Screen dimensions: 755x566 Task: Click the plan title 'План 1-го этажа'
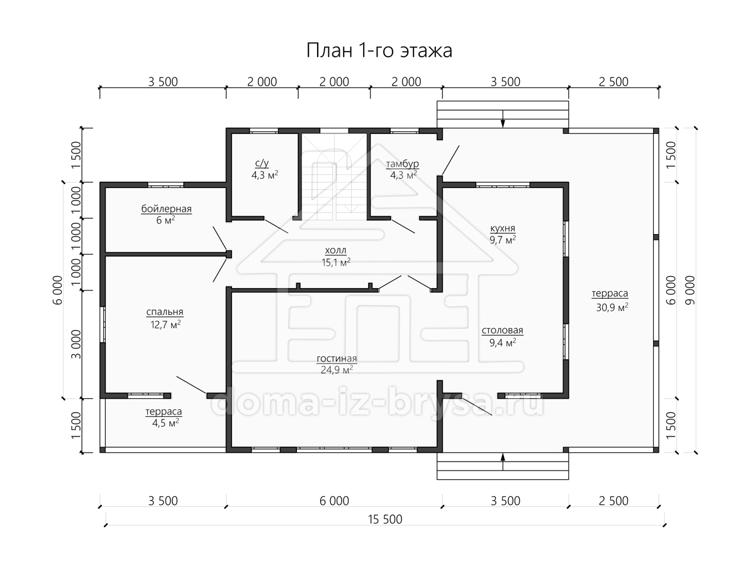pos(379,51)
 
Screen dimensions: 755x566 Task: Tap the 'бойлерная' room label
pos(166,209)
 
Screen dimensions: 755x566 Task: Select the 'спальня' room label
pos(165,312)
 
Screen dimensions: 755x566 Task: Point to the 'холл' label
pos(336,250)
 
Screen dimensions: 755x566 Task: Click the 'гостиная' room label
pos(337,358)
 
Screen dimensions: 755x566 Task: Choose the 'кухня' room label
pos(503,228)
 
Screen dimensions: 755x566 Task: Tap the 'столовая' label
pos(502,330)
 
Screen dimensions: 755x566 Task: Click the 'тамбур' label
pos(402,164)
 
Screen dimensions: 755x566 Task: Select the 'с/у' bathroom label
pos(262,163)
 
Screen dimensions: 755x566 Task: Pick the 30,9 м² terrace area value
pos(612,307)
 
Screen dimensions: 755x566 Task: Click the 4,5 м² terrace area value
pos(165,423)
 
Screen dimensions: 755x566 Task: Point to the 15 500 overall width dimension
pos(385,519)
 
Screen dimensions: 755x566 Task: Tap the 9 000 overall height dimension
pos(690,291)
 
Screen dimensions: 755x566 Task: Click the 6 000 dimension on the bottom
pos(334,501)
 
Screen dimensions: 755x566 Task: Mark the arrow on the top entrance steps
pos(503,119)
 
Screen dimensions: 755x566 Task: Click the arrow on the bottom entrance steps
pos(503,462)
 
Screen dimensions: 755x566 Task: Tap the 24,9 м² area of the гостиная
pos(337,370)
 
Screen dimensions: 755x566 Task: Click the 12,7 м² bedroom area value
pos(165,325)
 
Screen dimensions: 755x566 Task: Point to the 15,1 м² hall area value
pos(336,262)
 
